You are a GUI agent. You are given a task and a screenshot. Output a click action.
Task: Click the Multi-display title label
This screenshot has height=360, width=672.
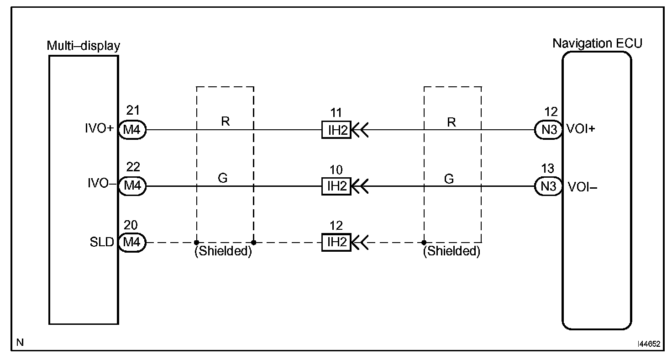(84, 46)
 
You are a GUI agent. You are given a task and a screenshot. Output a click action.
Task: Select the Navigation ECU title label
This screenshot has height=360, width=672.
(597, 43)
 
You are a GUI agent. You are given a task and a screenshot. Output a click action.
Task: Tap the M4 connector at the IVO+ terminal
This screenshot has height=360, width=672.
(132, 130)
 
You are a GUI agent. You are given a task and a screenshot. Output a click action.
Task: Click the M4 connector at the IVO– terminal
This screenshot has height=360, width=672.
(132, 186)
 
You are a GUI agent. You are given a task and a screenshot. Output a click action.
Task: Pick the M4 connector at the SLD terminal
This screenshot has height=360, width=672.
(132, 243)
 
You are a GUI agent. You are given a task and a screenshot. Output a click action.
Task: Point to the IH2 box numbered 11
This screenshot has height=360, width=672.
(336, 130)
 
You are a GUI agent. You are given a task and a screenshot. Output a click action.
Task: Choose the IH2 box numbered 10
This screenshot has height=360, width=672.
(336, 186)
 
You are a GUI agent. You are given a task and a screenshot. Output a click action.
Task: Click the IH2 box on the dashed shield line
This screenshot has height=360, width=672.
(336, 243)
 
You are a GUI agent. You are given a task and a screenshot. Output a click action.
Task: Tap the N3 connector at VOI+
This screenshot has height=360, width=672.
(548, 130)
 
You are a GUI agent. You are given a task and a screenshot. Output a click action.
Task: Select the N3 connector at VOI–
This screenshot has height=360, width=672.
(548, 186)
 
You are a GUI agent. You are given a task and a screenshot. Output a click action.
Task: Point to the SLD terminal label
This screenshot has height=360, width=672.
(102, 243)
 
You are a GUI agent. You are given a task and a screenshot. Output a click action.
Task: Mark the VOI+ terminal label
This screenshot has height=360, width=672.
(581, 129)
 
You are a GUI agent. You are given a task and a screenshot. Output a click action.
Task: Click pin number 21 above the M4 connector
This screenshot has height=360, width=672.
(132, 111)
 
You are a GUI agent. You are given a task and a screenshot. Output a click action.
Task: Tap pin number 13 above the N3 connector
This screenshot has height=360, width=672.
(547, 169)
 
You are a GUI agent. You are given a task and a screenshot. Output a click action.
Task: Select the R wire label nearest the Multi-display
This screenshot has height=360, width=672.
(225, 122)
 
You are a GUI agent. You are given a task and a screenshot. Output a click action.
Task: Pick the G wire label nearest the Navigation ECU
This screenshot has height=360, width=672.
(449, 179)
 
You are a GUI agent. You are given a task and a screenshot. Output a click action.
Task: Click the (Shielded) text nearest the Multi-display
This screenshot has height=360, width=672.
(223, 252)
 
